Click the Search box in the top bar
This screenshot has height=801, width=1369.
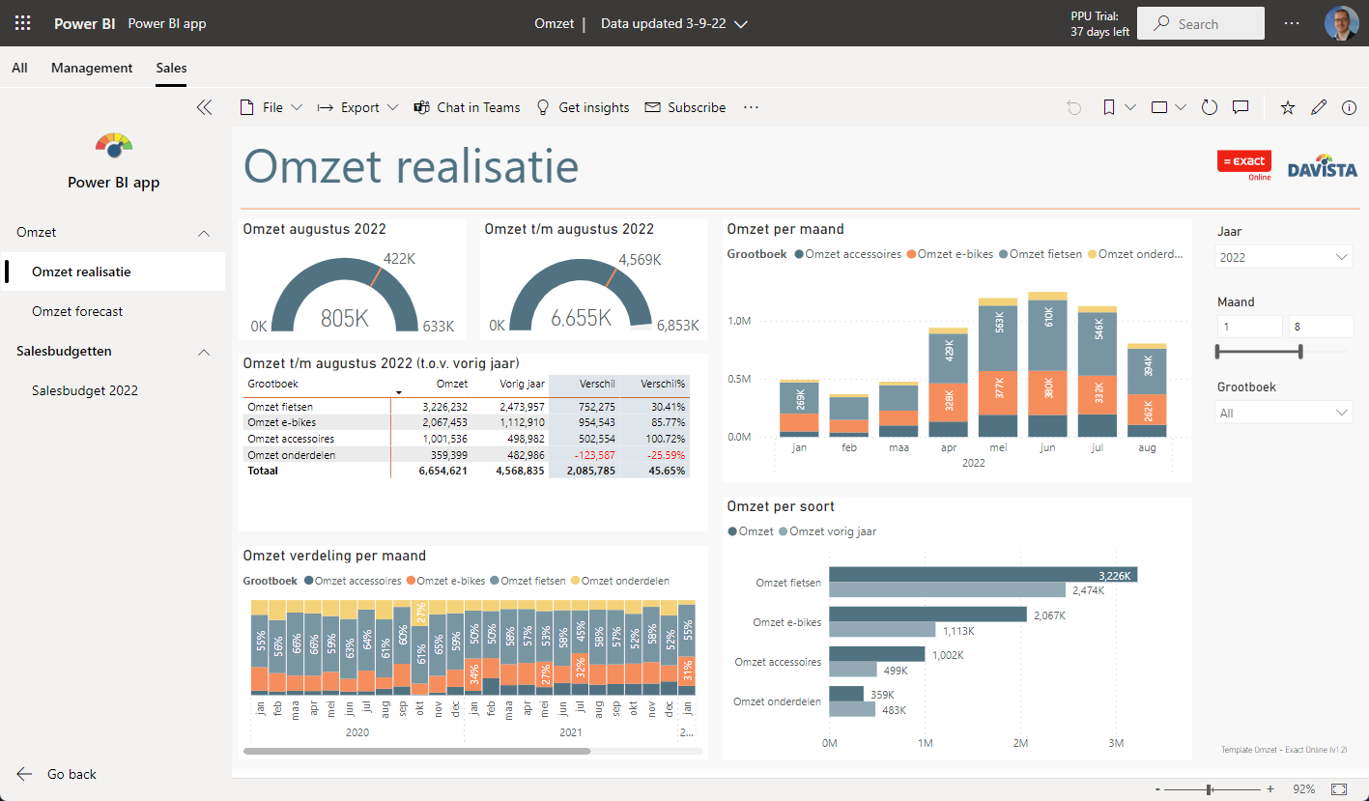pos(1200,24)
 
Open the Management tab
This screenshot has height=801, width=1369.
pos(92,68)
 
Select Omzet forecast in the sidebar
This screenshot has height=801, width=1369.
pos(77,311)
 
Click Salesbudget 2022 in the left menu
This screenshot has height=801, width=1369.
pos(85,390)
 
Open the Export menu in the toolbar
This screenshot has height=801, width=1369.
pos(357,107)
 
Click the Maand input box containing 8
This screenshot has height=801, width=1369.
pos(1320,327)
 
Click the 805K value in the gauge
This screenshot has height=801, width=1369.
pos(345,318)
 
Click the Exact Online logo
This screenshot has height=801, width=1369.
pos(1243,164)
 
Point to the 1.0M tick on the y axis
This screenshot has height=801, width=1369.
pos(740,320)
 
